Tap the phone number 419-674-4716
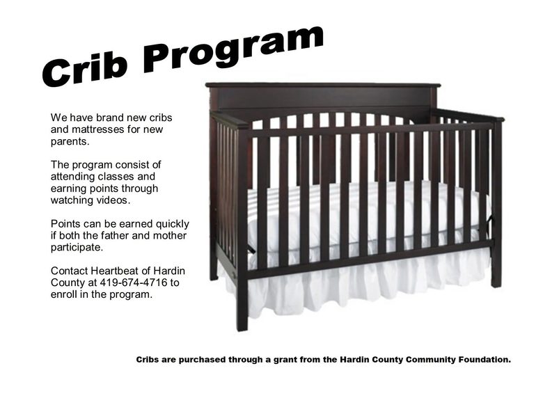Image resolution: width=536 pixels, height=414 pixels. click(x=134, y=282)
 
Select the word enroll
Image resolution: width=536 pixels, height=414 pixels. click(x=64, y=294)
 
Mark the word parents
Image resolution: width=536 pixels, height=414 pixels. click(x=70, y=142)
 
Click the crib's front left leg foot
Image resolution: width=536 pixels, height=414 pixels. click(x=242, y=327)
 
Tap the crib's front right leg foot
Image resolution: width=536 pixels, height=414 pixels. click(x=496, y=283)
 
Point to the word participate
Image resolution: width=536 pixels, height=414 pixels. click(x=77, y=248)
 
